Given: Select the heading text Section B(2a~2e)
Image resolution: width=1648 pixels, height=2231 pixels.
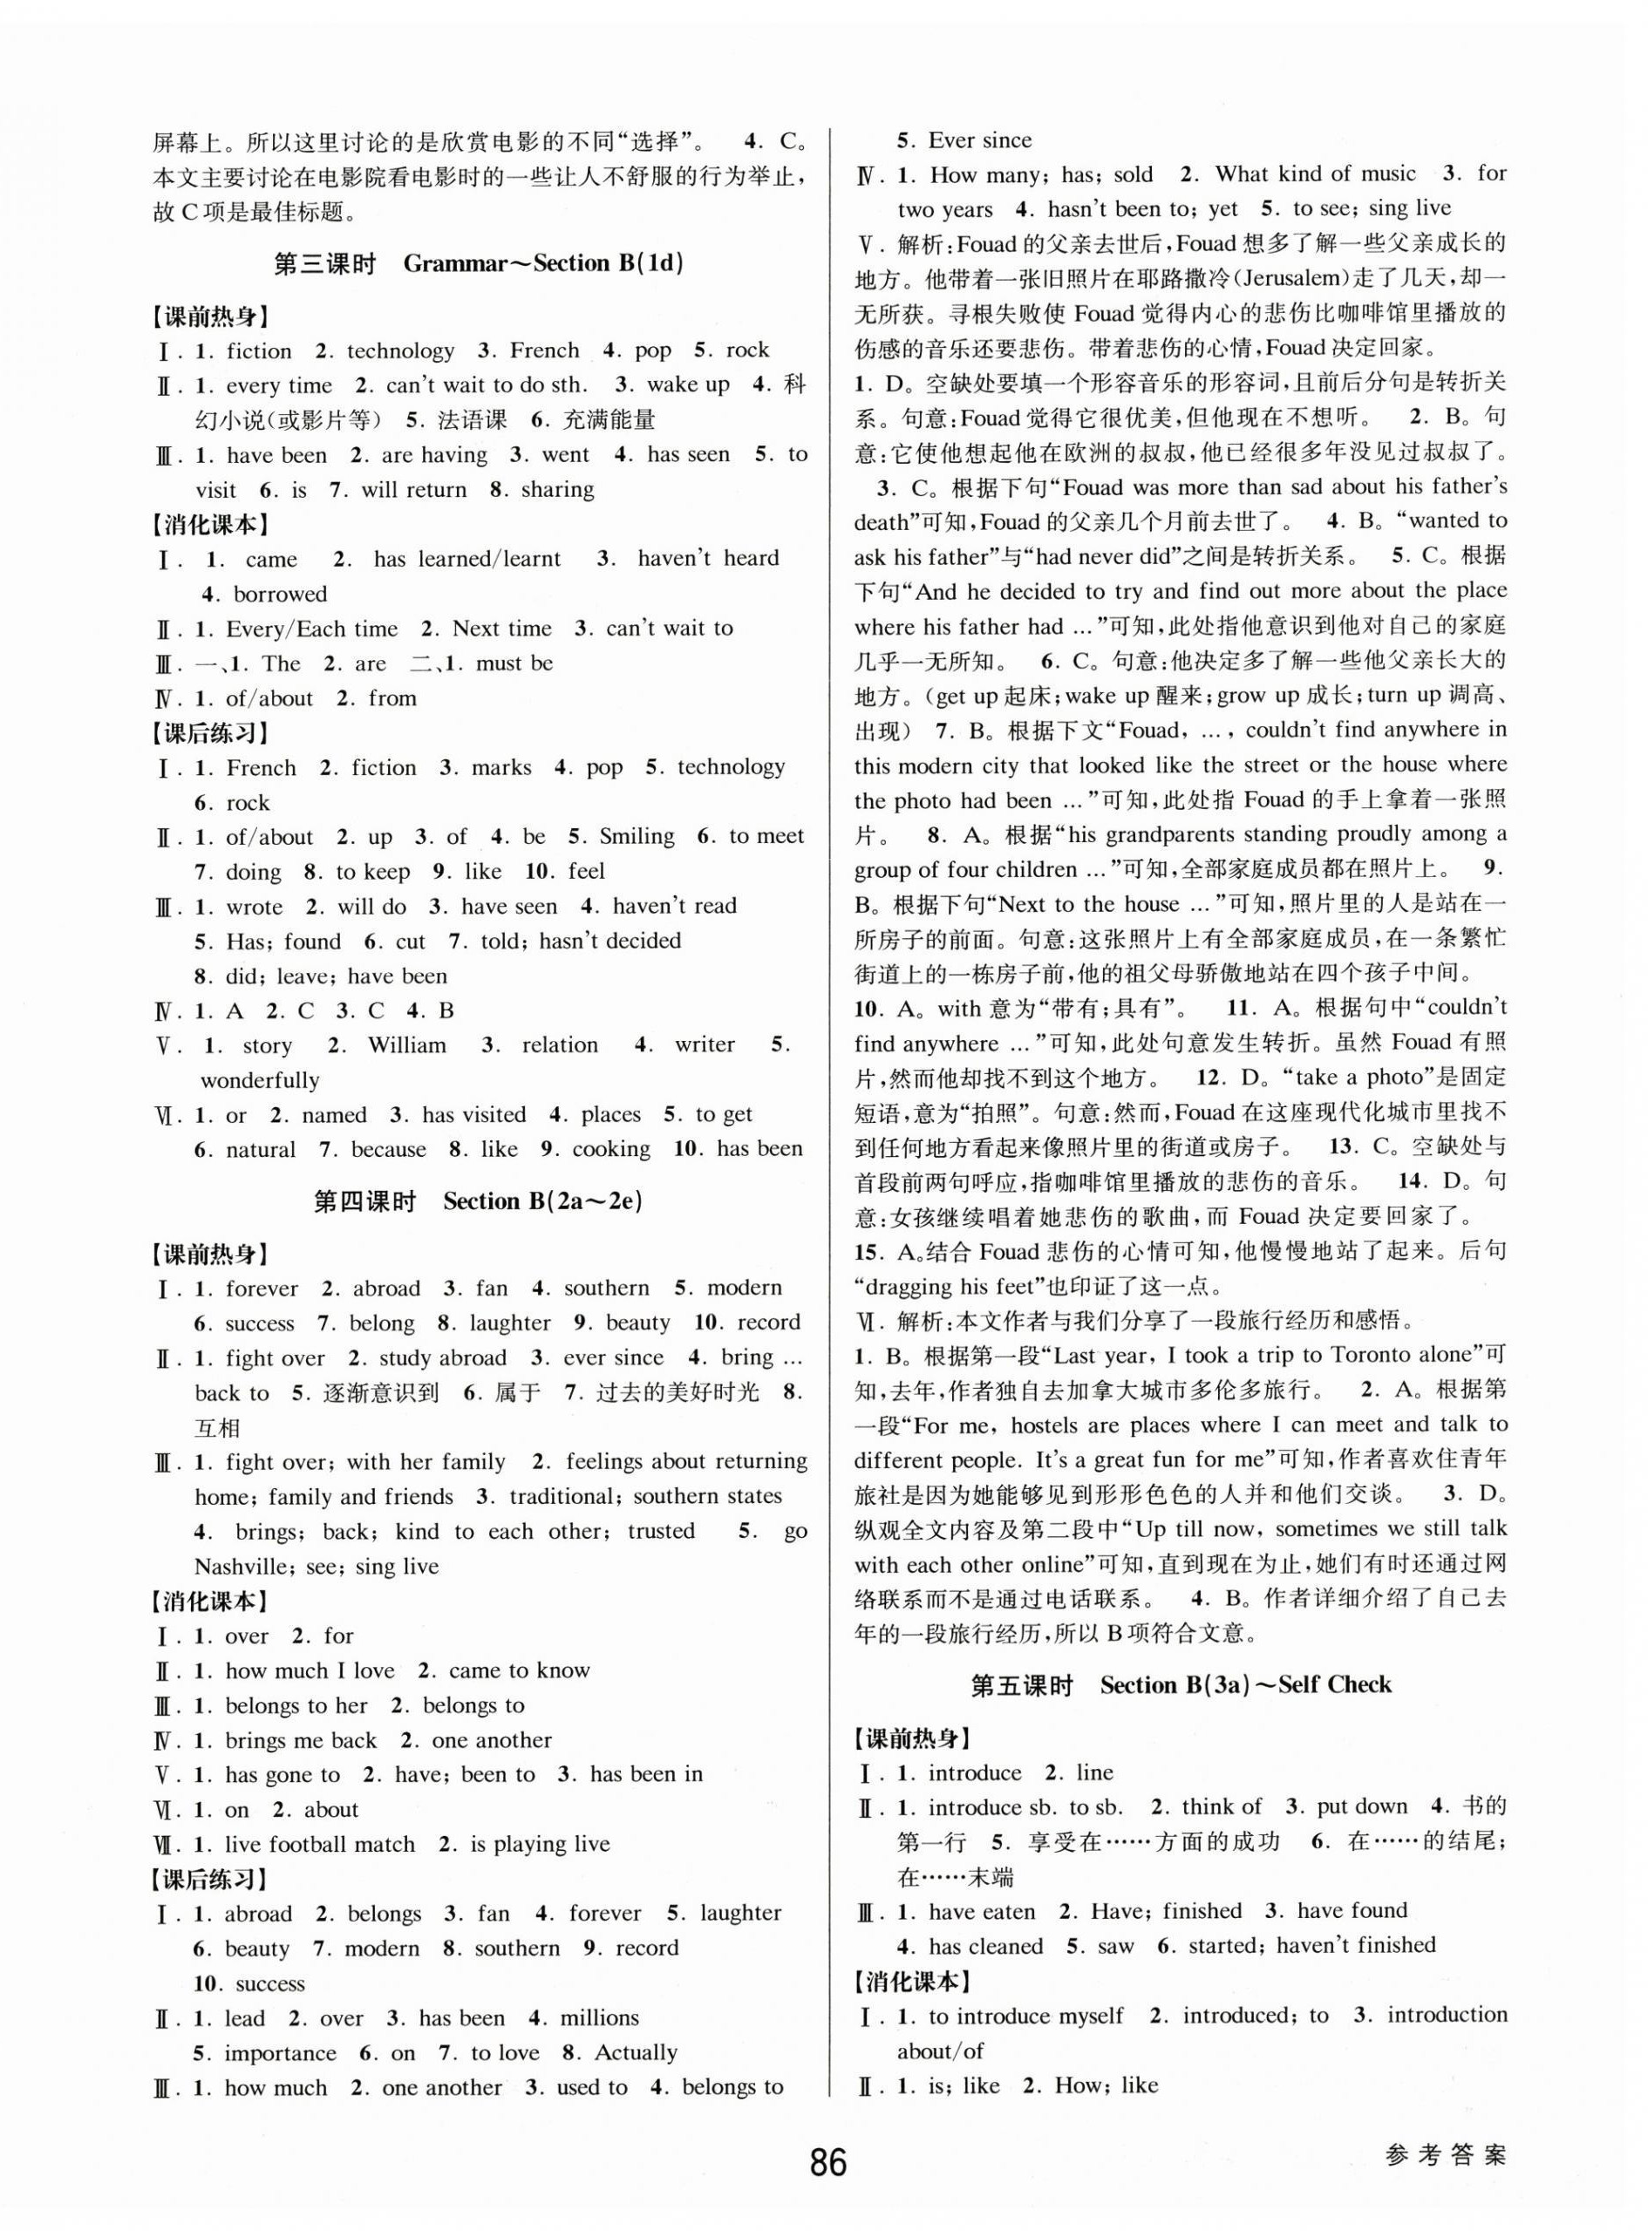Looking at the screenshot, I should pyautogui.click(x=541, y=1201).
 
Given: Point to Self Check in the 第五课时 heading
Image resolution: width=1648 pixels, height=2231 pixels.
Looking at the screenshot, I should pyautogui.click(x=1334, y=1684).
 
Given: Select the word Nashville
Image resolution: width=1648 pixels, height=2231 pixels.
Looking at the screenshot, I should pyautogui.click(x=244, y=1566).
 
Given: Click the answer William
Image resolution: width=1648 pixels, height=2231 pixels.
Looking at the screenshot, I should pyautogui.click(x=407, y=1045).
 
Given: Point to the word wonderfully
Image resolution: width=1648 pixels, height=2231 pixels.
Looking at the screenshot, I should pyautogui.click(x=261, y=1080).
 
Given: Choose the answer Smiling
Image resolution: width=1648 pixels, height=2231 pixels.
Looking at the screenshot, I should pyautogui.click(x=637, y=836).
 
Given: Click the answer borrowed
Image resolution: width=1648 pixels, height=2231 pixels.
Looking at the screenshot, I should pyautogui.click(x=280, y=594).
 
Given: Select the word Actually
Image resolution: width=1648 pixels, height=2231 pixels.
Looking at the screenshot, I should pyautogui.click(x=636, y=2052).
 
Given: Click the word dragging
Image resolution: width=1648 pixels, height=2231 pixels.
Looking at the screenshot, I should pyautogui.click(x=911, y=1286).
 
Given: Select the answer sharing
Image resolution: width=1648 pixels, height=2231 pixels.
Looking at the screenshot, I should pyautogui.click(x=556, y=489).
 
